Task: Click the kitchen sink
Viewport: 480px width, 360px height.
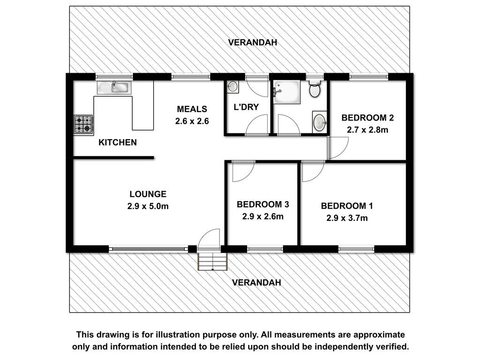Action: coord(114,88)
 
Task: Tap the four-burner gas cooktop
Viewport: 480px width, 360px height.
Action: coord(83,125)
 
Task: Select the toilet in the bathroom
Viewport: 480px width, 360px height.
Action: coord(315,89)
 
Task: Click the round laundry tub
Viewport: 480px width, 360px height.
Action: coord(232,87)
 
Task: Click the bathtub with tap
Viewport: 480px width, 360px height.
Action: coord(287,92)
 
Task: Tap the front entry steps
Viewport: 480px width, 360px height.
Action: coord(213,262)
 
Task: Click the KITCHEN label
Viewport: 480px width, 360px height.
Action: coord(118,142)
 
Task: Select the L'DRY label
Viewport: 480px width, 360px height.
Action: coord(246,107)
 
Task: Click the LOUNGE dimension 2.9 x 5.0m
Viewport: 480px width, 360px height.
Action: coord(148,206)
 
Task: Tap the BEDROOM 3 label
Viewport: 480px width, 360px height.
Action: coord(263,204)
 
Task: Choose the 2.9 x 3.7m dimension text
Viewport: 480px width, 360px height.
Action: coord(347,218)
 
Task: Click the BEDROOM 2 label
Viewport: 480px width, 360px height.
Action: coord(367,118)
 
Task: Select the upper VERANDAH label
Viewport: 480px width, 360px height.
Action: coord(253,42)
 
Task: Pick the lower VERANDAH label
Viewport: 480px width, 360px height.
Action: coord(256,282)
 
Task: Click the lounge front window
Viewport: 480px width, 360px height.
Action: coord(149,249)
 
